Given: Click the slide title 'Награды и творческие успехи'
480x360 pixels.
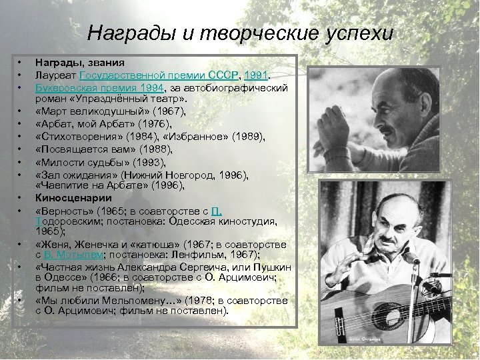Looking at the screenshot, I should (x=240, y=33).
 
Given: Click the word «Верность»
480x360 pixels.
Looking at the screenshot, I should (x=65, y=211).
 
